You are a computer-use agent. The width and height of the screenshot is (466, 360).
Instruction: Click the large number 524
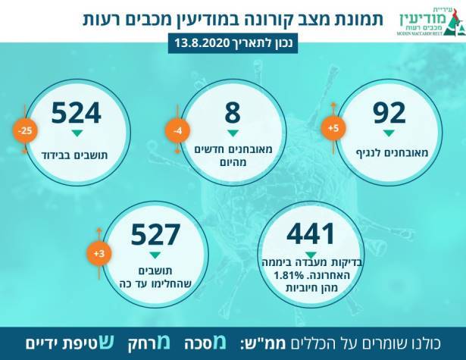click(76, 113)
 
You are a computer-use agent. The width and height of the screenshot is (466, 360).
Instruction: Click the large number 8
click(233, 113)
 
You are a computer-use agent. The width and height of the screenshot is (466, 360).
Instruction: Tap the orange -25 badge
click(23, 132)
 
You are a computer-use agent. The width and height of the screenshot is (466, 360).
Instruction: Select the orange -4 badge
click(177, 132)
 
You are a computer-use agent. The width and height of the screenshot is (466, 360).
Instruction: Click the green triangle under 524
click(76, 134)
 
